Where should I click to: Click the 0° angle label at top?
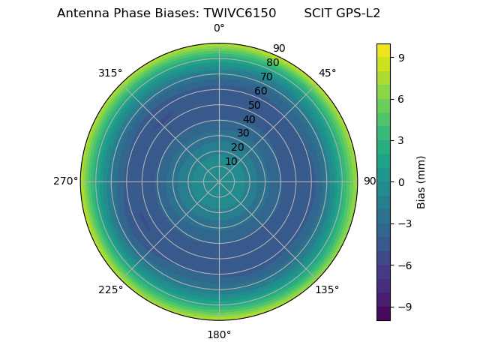pyautogui.click(x=219, y=28)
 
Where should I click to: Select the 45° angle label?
pyautogui.click(x=327, y=73)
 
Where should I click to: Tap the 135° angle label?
pyautogui.click(x=327, y=289)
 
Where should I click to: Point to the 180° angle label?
pyautogui.click(x=219, y=334)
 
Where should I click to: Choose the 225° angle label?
pyautogui.click(x=110, y=289)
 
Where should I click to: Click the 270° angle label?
pyautogui.click(x=65, y=181)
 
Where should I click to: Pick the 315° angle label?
pyautogui.click(x=110, y=73)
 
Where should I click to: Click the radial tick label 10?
pyautogui.click(x=231, y=161)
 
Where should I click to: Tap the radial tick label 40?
pyautogui.click(x=249, y=119)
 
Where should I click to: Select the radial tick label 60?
pyautogui.click(x=260, y=91)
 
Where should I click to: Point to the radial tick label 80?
pyautogui.click(x=272, y=63)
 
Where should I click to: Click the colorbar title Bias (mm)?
pyautogui.click(x=421, y=181)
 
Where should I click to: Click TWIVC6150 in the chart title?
pyautogui.click(x=239, y=13)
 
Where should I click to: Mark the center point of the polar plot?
pyautogui.click(x=219, y=181)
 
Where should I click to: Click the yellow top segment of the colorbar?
pyautogui.click(x=383, y=49)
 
